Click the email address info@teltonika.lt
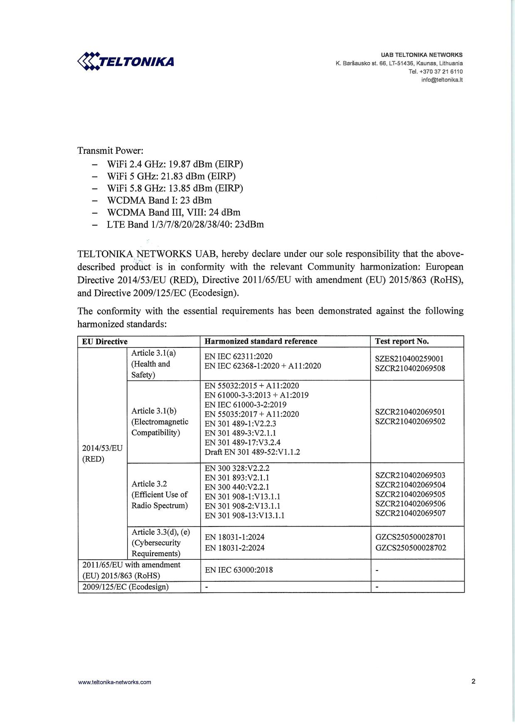coord(442,80)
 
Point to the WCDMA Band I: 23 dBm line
coord(159,200)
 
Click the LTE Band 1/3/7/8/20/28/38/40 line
coord(185,225)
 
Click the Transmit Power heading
coord(110,150)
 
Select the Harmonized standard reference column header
coord(261,342)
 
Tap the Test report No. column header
coord(402,342)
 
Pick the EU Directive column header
coord(105,342)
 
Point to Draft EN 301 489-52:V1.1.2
coord(252,452)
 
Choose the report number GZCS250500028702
coord(411,548)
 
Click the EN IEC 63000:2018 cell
coord(239,570)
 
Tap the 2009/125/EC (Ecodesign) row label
coord(126,587)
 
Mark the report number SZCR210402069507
coord(410,513)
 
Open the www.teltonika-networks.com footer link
coord(115,682)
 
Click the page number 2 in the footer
coord(473,681)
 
